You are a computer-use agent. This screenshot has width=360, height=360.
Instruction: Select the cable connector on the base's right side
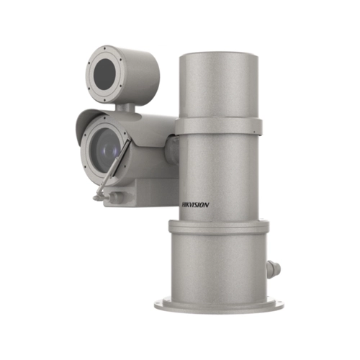pos(273,270)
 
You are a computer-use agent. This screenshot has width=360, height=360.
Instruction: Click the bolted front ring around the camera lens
pos(85,155)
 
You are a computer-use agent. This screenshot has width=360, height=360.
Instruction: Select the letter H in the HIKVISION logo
pos(179,204)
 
